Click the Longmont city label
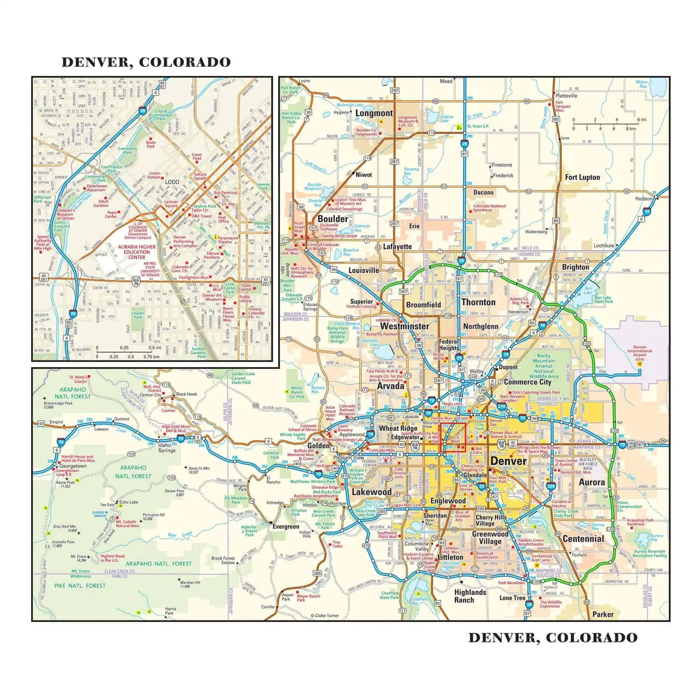tap(374, 113)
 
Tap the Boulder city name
tap(332, 219)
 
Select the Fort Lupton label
tap(582, 177)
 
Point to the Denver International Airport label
tap(639, 351)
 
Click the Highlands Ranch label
tap(470, 596)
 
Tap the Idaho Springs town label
tap(166, 448)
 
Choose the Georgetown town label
tap(73, 466)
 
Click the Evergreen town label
tap(286, 527)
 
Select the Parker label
tap(603, 615)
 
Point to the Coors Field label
tap(197, 156)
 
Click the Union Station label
tap(154, 175)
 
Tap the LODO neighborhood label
tap(172, 182)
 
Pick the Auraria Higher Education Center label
tap(136, 252)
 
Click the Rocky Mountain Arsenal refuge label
tap(544, 366)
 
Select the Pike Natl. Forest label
tap(80, 586)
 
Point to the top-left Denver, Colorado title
tap(146, 62)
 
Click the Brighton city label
tap(575, 267)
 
